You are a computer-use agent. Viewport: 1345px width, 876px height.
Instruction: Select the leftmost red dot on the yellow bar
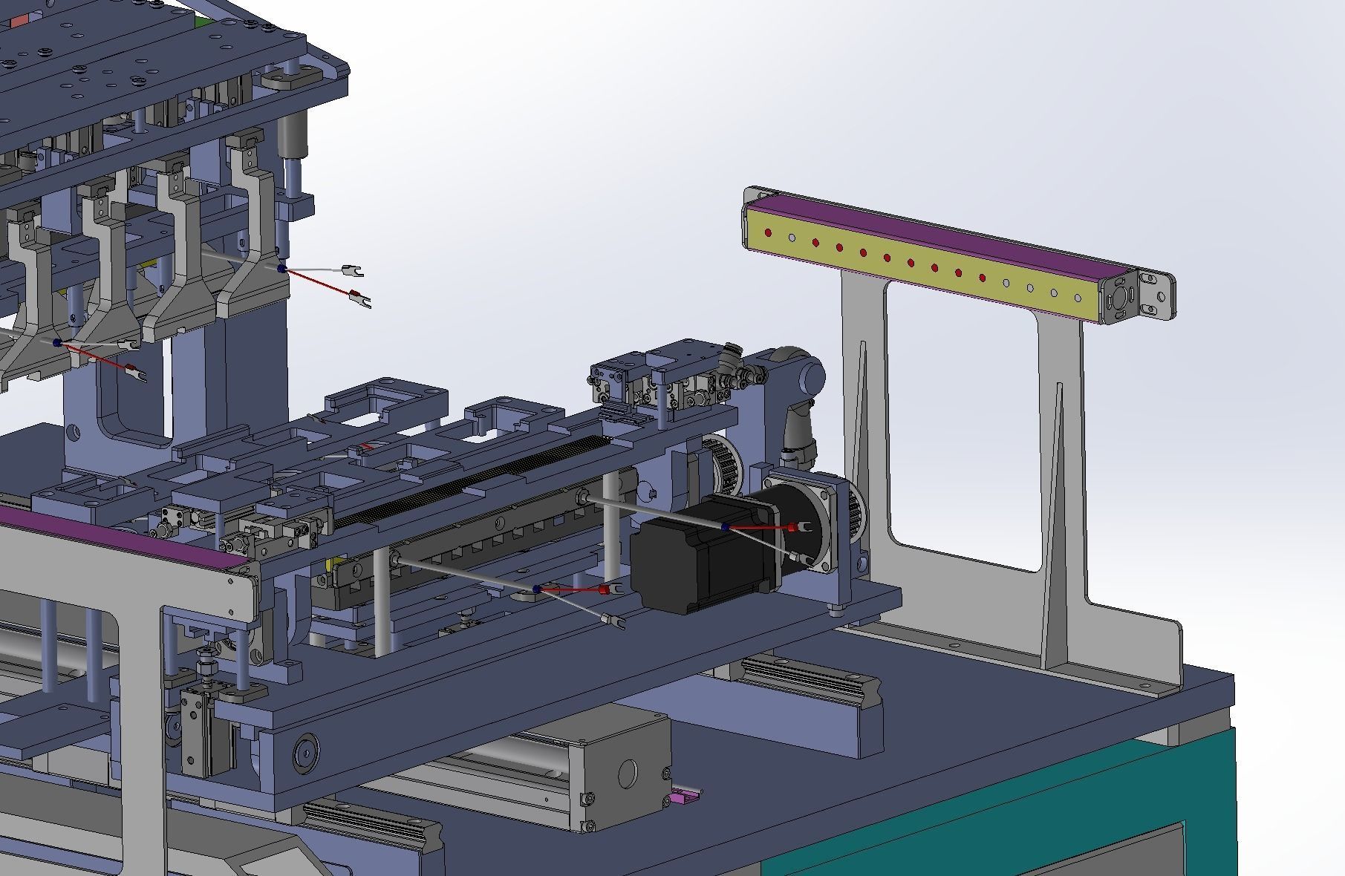click(768, 233)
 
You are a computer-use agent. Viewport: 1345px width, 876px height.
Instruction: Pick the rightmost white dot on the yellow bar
click(1078, 298)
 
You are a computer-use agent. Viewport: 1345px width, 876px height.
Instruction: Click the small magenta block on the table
click(679, 799)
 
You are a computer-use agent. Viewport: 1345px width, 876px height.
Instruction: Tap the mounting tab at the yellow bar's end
click(1159, 296)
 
